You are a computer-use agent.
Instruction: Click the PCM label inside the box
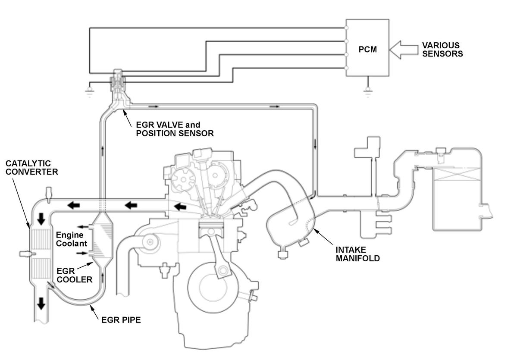367,50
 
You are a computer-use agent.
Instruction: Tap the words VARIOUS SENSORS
442,50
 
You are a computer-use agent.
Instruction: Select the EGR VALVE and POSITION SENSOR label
175,129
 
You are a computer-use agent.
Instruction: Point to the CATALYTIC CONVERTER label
31,167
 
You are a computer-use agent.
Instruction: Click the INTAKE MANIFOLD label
358,254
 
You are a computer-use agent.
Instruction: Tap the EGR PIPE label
121,320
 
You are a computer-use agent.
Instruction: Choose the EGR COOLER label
75,275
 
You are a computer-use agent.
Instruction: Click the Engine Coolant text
71,239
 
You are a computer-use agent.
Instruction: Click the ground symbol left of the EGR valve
89,91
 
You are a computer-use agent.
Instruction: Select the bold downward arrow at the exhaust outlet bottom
41,303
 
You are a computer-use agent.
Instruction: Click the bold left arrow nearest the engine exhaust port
180,207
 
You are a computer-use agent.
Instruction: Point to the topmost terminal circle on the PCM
346,28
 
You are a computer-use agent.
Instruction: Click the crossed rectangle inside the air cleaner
457,175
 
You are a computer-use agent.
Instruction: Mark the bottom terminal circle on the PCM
346,68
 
